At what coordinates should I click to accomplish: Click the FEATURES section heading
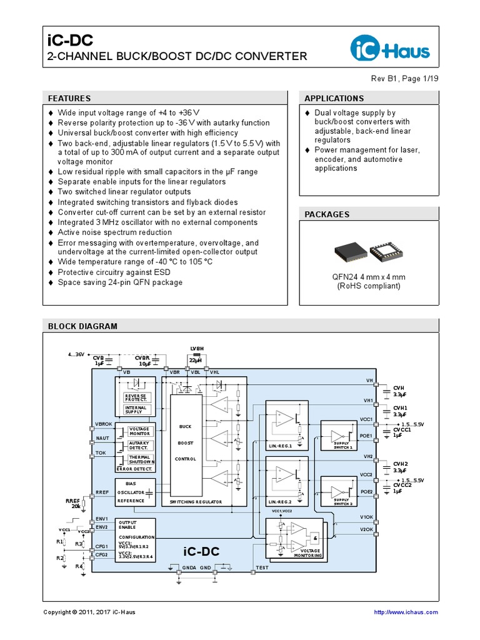69,98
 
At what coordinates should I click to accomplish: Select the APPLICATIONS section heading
334,98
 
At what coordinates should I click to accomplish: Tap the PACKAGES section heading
326,214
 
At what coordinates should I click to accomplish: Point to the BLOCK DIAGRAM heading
82,326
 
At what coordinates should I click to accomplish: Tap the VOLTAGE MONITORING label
306,552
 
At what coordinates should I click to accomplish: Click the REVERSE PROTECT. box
135,398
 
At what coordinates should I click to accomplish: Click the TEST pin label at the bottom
262,568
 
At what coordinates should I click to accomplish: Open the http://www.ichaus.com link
406,612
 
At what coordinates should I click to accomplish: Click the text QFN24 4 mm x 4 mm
368,276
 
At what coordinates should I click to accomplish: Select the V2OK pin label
366,529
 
